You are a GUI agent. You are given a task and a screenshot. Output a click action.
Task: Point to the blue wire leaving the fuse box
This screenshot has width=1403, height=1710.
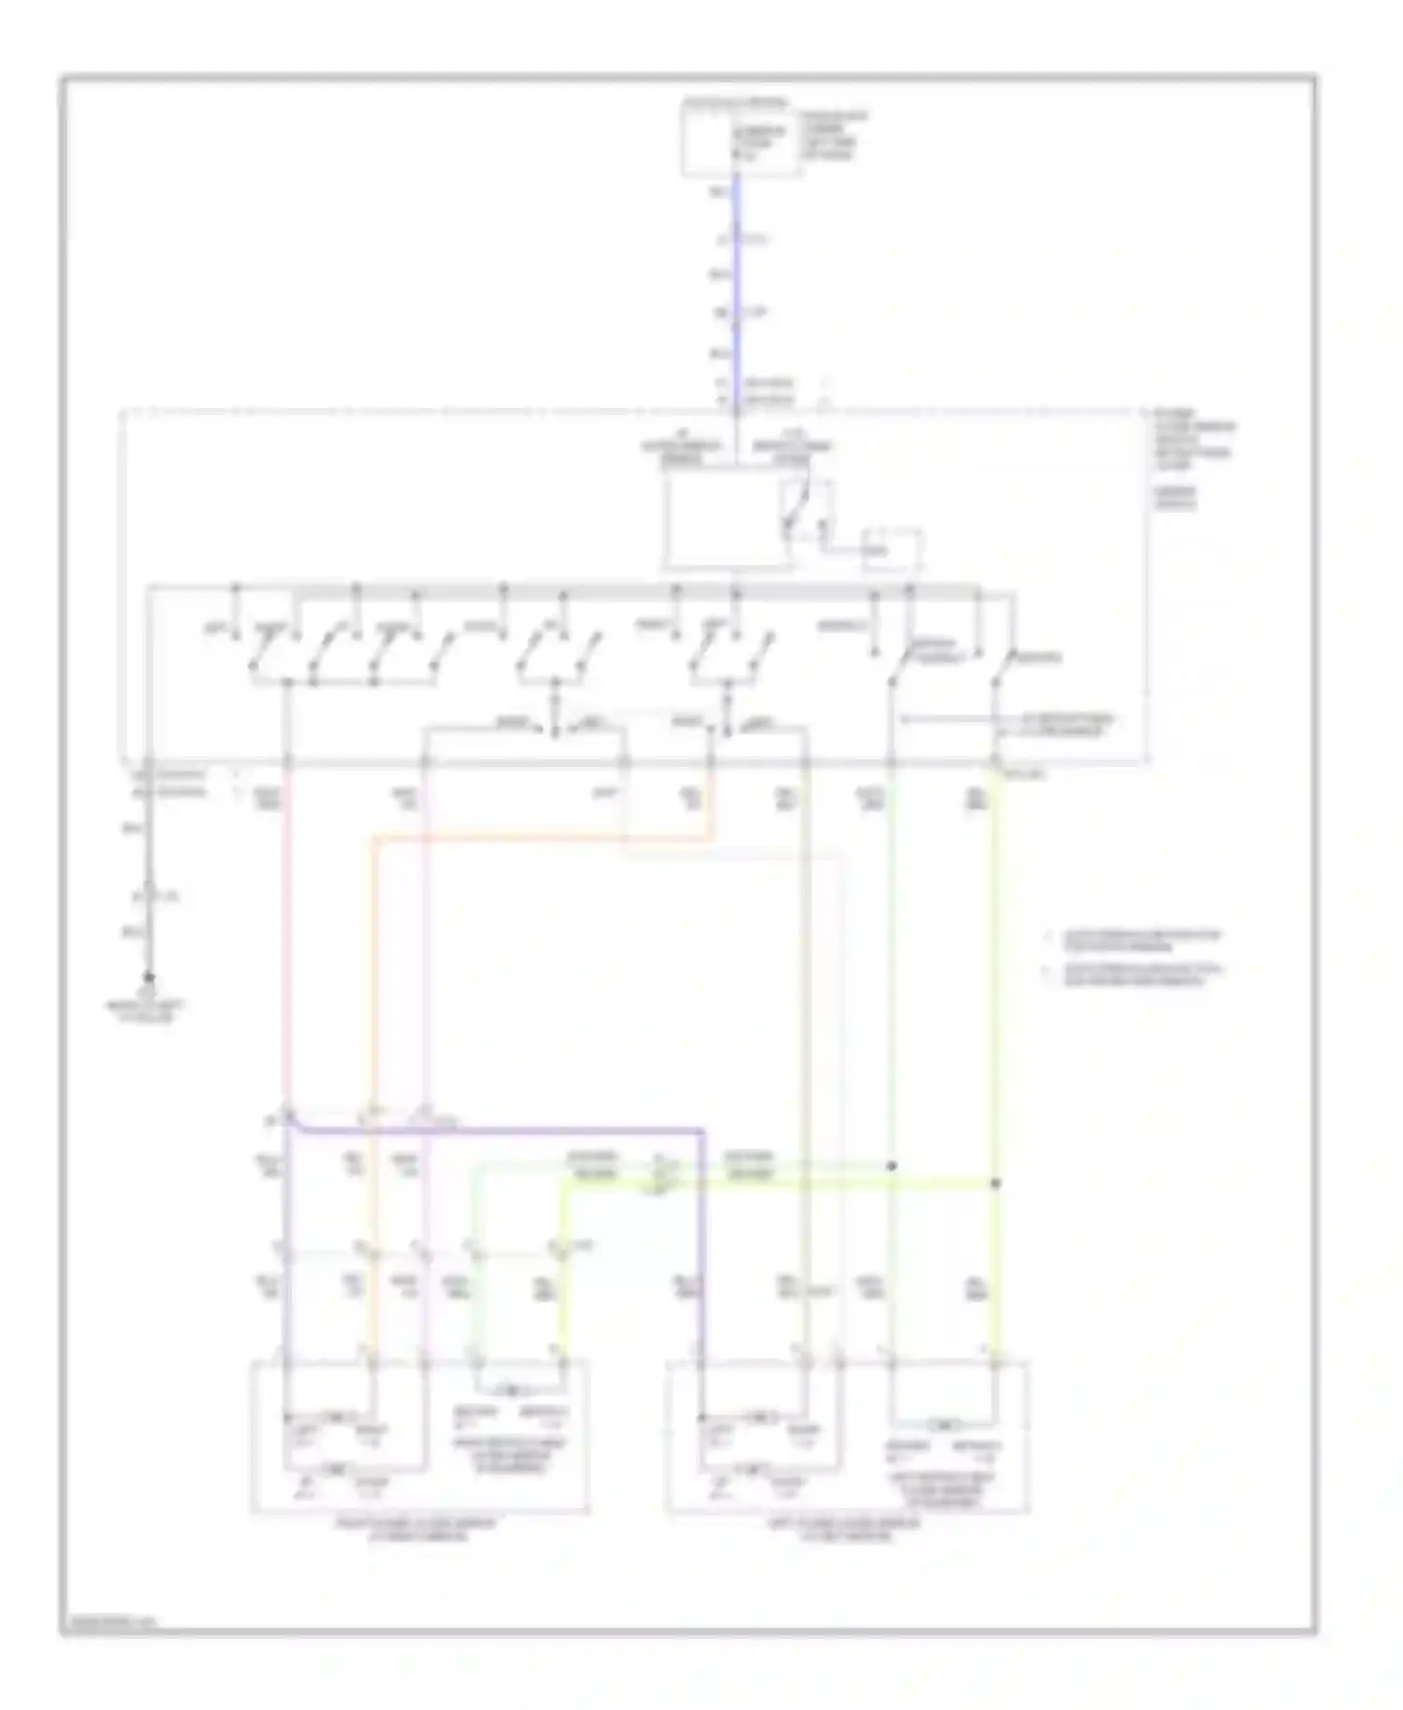click(737, 281)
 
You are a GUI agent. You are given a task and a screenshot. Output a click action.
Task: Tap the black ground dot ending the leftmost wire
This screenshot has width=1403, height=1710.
click(148, 978)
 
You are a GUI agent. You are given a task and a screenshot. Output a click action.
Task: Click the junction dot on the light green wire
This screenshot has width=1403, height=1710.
click(891, 1166)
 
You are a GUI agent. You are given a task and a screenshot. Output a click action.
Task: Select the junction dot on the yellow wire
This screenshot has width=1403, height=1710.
click(995, 1183)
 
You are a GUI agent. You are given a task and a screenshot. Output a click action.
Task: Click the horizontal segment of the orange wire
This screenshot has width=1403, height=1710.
click(542, 838)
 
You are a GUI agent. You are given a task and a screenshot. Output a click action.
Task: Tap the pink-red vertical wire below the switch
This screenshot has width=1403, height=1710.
click(283, 935)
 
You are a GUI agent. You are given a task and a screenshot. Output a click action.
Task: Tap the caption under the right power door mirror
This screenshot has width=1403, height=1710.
click(417, 1529)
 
